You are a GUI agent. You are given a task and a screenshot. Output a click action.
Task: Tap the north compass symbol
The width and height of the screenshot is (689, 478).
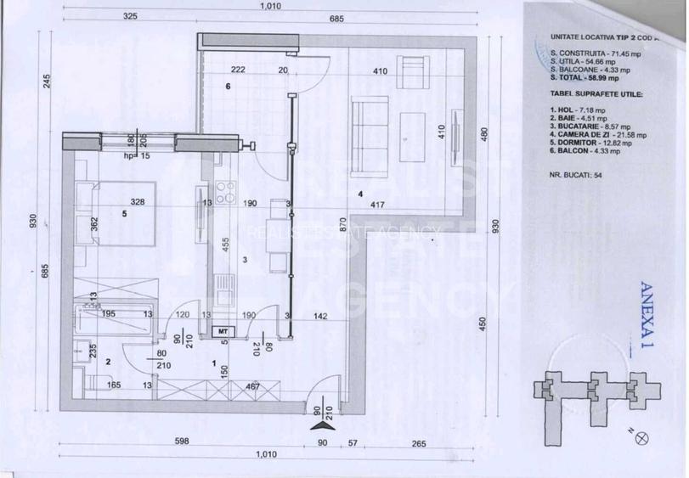[x=642, y=438]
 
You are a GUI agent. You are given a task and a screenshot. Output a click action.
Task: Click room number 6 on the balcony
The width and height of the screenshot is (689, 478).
[x=228, y=87]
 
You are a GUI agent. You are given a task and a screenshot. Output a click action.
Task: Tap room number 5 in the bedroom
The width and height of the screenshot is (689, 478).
[x=125, y=214]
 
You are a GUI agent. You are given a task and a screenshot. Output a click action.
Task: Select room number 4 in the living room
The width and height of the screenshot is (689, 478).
[x=360, y=194]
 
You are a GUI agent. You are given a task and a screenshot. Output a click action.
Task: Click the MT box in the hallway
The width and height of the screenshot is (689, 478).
[x=223, y=330]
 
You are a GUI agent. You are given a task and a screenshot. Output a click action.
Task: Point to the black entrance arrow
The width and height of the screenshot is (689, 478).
[x=316, y=417]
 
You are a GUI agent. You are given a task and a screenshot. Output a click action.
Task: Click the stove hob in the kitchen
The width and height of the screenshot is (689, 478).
[x=226, y=194]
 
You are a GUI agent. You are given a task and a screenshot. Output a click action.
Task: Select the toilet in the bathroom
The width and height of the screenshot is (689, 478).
[x=82, y=349]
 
